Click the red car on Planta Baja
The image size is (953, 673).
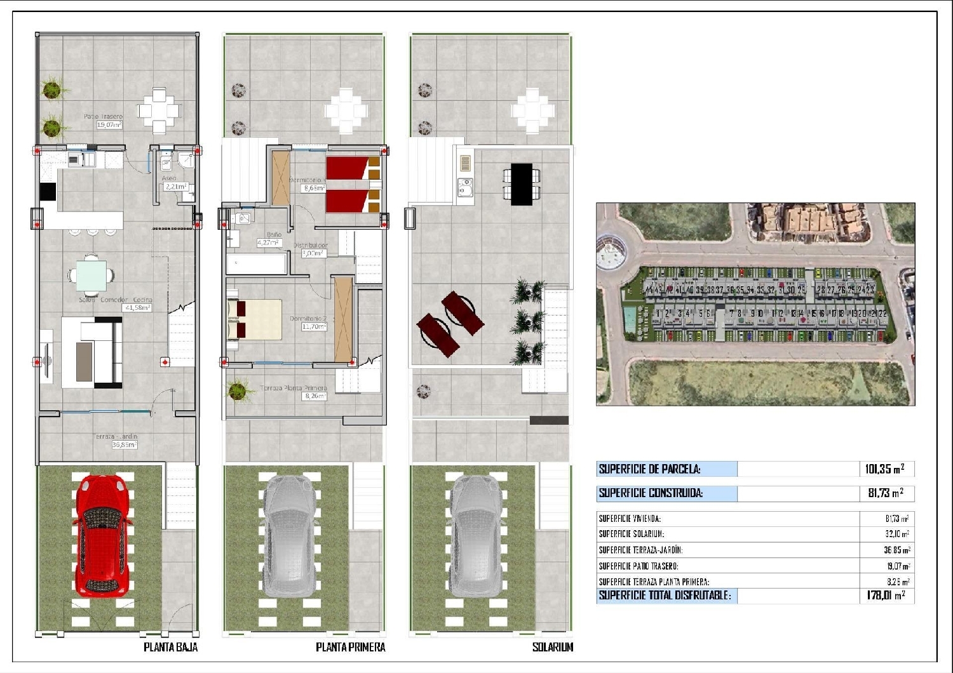coord(102,535)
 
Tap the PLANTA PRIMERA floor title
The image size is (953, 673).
coord(350,647)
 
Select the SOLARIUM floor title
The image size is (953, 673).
coord(552,647)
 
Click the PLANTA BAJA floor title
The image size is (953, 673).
coord(170,647)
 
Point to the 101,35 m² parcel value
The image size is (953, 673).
coord(884,469)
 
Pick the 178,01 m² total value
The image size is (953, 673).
coord(885,596)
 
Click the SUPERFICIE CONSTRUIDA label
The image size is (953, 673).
coord(651,493)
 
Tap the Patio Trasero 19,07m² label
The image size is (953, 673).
coord(104,121)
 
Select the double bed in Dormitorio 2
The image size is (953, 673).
coord(254,319)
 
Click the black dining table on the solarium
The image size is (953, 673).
coord(521,184)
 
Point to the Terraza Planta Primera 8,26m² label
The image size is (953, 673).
coord(295,392)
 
